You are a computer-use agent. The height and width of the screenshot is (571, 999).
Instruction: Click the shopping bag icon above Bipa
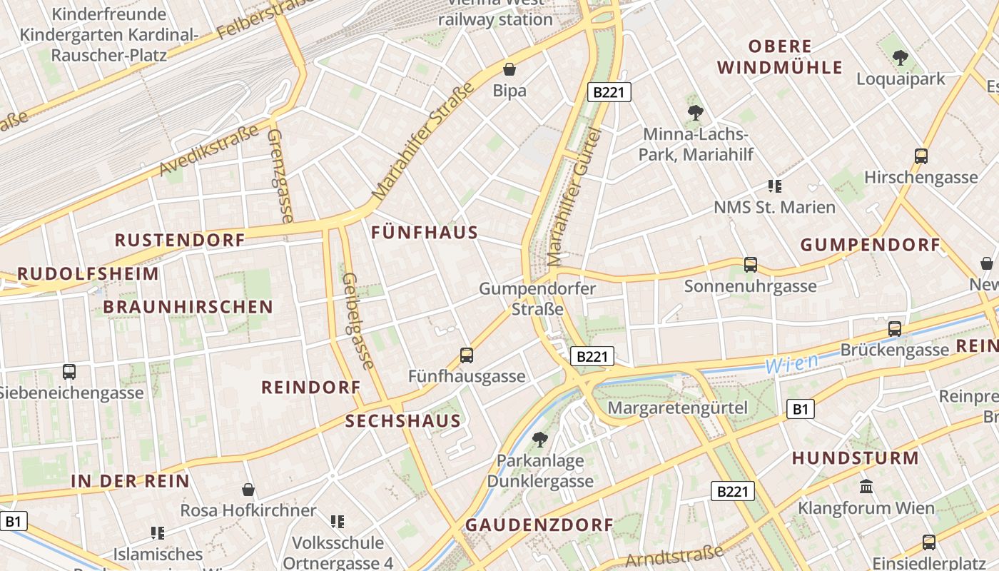509,69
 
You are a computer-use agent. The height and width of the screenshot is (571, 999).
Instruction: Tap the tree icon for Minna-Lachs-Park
695,112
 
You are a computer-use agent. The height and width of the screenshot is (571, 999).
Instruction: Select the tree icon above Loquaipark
901,57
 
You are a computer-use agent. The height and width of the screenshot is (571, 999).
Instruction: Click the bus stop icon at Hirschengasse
921,156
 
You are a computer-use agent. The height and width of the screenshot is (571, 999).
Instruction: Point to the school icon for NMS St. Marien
775,186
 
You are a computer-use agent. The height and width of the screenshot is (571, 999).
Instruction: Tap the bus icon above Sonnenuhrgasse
750,265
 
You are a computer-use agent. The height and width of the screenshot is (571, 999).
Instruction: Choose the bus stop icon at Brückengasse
894,329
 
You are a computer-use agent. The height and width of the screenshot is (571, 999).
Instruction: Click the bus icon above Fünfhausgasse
467,355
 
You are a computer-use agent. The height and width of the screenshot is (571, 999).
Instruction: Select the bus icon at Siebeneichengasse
69,372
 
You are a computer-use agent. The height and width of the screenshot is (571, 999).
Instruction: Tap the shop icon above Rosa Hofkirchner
248,490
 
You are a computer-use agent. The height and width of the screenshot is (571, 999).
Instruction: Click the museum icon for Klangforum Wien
866,487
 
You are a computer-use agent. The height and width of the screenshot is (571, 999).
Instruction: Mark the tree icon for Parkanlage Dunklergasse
540,439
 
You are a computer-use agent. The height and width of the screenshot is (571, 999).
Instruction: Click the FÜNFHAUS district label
425,233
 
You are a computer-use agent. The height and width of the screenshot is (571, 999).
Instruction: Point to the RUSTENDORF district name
180,240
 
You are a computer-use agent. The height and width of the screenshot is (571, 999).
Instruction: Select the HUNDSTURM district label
855,458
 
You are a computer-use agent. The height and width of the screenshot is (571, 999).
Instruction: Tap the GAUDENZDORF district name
539,525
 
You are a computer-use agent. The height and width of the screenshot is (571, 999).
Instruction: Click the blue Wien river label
791,363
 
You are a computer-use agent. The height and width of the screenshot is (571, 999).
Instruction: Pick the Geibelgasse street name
358,320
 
